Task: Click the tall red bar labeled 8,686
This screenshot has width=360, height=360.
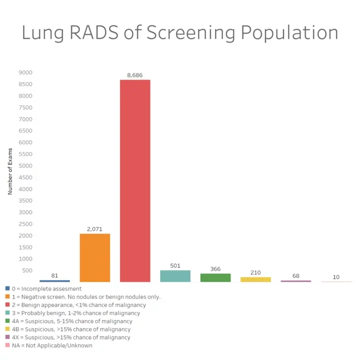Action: (x=135, y=180)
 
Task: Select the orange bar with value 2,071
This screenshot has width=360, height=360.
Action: (x=95, y=257)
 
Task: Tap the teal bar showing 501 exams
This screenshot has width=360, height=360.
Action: (x=175, y=276)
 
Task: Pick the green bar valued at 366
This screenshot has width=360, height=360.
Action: (x=215, y=277)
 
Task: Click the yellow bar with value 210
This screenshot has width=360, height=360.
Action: (x=255, y=279)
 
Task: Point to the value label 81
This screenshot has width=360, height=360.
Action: (x=54, y=275)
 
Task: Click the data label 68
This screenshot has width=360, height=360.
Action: (x=296, y=276)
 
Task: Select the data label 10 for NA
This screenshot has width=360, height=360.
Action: (x=336, y=277)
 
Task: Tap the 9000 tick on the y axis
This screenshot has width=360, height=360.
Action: (x=25, y=72)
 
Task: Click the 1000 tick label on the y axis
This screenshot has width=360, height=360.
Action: (x=25, y=259)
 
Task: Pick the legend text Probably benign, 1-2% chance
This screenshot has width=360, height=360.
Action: (x=75, y=313)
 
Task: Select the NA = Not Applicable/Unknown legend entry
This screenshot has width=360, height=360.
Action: (x=52, y=345)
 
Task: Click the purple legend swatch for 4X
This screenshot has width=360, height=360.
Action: (x=7, y=337)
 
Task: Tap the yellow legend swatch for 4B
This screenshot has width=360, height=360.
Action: (x=7, y=329)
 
